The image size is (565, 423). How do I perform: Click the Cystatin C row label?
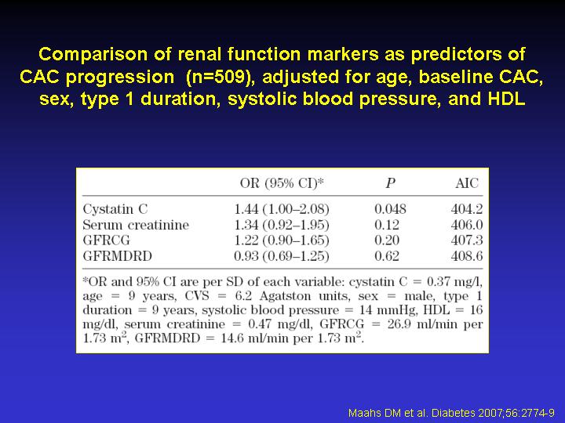click(x=115, y=209)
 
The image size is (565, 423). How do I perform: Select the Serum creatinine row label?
click(x=136, y=225)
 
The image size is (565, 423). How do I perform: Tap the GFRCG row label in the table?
click(x=106, y=240)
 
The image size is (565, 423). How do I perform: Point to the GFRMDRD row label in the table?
click(x=118, y=256)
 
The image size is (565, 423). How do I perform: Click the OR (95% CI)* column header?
click(x=282, y=183)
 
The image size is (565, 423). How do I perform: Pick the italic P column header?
click(x=390, y=183)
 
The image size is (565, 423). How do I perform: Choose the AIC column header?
click(x=467, y=183)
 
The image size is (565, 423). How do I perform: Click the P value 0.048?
click(x=390, y=209)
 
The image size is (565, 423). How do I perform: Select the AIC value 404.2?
click(x=467, y=209)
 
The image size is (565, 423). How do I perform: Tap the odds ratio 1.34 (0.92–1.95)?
click(x=282, y=225)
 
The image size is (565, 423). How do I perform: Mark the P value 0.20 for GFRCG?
click(x=387, y=240)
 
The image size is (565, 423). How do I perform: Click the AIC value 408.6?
click(x=467, y=256)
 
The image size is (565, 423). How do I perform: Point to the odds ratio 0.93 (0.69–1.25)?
click(x=282, y=256)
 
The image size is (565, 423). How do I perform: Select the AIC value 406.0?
click(x=467, y=225)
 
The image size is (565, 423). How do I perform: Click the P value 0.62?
click(x=387, y=256)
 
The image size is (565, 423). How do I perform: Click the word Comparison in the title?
click(x=93, y=54)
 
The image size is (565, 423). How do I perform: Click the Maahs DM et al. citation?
click(x=451, y=413)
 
